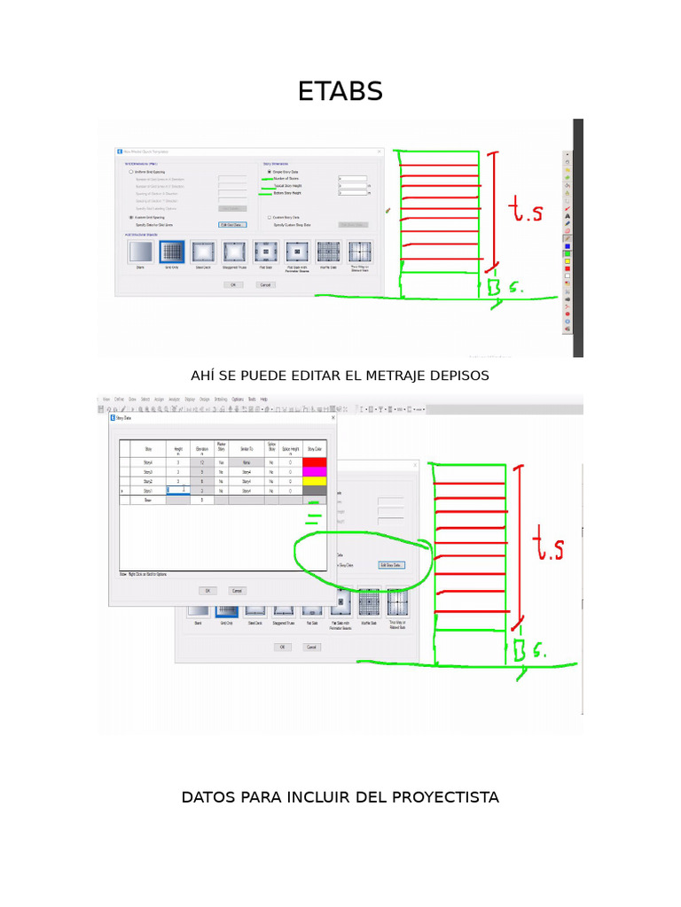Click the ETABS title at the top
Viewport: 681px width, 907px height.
[x=340, y=91]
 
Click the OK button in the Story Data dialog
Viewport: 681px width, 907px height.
[x=207, y=590]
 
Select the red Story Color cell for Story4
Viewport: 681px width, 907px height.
[x=315, y=462]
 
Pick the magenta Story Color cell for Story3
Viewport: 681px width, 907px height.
[x=315, y=472]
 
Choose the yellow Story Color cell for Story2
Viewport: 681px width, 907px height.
[x=315, y=481]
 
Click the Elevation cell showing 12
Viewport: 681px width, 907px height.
[x=202, y=462]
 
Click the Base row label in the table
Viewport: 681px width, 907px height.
[x=148, y=500]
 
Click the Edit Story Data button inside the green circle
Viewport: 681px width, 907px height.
[x=391, y=564]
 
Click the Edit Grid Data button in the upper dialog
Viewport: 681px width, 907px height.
[x=231, y=225]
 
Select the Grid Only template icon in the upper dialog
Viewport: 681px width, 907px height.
[x=171, y=253]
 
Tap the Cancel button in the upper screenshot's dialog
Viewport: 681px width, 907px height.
[x=265, y=285]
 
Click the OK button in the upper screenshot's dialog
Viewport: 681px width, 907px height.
[x=233, y=285]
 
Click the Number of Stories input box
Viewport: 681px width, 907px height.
[x=352, y=179]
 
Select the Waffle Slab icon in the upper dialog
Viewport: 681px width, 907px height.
[x=328, y=253]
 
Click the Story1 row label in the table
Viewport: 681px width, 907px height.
[x=148, y=491]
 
